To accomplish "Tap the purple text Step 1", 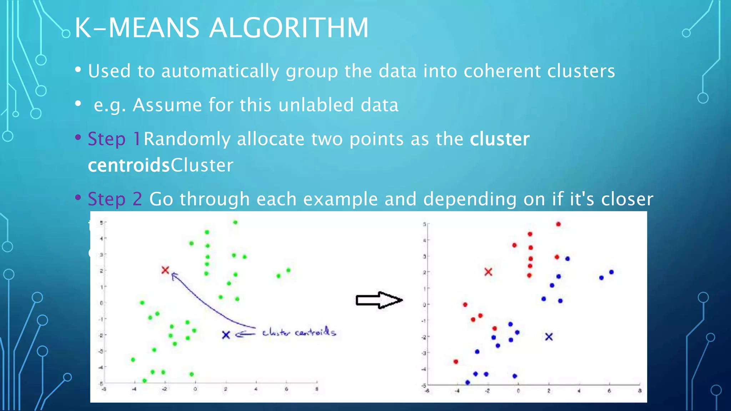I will pos(114,139).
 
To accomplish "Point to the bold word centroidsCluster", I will pos(161,165).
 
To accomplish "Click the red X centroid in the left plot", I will pos(165,270).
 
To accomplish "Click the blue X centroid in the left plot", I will pos(226,335).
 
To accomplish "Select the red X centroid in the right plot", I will pos(488,272).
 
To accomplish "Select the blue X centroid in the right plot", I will pos(549,337).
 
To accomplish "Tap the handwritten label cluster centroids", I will pos(299,333).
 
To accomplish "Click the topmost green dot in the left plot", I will pos(235,222).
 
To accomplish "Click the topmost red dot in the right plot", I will pos(558,224).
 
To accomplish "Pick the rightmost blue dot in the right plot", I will pos(611,272).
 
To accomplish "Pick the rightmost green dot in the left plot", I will pos(288,270).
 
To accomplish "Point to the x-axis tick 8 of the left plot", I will pos(317,389).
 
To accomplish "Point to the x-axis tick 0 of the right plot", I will pos(518,391).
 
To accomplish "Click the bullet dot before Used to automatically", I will pos(78,70).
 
